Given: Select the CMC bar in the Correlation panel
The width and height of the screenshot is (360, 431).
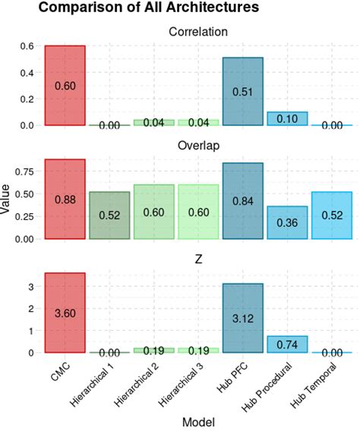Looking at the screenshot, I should pos(65,85).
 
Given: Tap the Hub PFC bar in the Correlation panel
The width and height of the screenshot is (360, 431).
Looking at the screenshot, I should pos(243,91).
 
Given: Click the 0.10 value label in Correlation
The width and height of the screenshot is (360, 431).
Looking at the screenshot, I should pos(287,119).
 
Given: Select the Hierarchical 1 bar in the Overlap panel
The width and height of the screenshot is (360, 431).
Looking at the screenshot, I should pos(109,215).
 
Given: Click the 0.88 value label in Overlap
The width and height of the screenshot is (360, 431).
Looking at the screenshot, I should pos(65,200).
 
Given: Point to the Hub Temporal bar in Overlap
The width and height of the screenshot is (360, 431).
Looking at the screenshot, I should pos(332,215).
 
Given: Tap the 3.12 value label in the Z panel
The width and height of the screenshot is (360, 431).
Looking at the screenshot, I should pos(243,319).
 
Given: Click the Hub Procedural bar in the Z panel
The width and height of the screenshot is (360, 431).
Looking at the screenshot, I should pos(287,344).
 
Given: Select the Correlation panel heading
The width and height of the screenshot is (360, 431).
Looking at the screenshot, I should pos(198,33).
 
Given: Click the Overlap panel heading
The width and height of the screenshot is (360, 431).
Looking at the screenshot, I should pos(198,146).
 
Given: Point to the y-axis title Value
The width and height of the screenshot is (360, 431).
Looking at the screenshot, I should pos(8,200).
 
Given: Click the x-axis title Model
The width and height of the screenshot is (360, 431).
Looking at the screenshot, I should pos(198,422).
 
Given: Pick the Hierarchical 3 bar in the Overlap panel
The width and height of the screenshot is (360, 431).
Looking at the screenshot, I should pos(198,212).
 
